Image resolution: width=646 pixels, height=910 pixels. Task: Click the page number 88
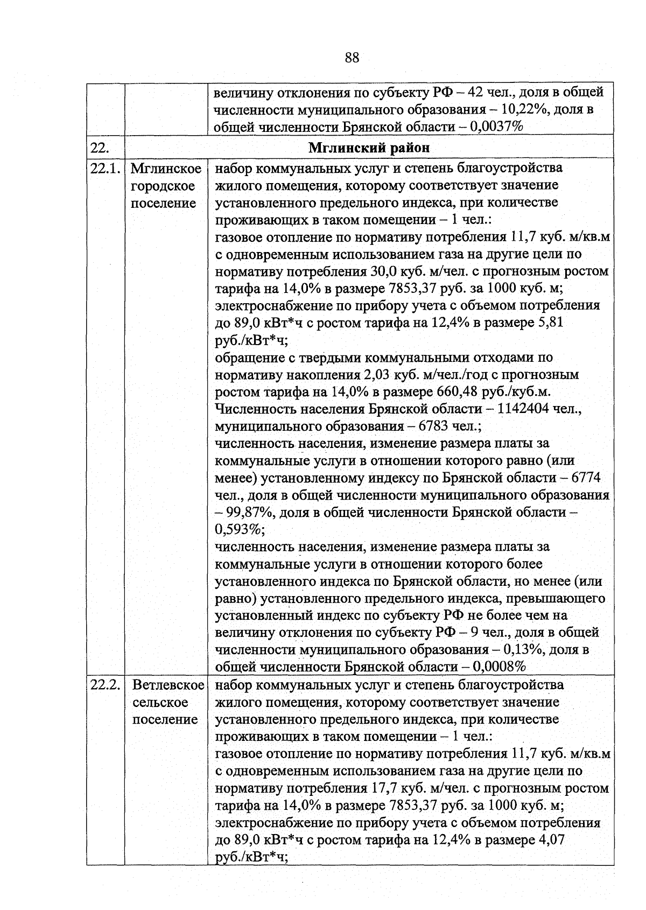pyautogui.click(x=352, y=58)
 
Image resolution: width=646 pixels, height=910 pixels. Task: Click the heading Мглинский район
pyautogui.click(x=369, y=147)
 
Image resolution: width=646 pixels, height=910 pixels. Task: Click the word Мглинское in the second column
pyautogui.click(x=166, y=169)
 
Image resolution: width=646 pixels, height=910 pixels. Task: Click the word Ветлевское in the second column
pyautogui.click(x=168, y=686)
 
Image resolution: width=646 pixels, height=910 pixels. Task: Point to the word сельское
pyautogui.click(x=160, y=703)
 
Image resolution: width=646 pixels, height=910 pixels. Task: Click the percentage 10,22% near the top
pyautogui.click(x=525, y=110)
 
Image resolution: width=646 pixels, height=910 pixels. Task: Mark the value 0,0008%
pyautogui.click(x=500, y=667)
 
